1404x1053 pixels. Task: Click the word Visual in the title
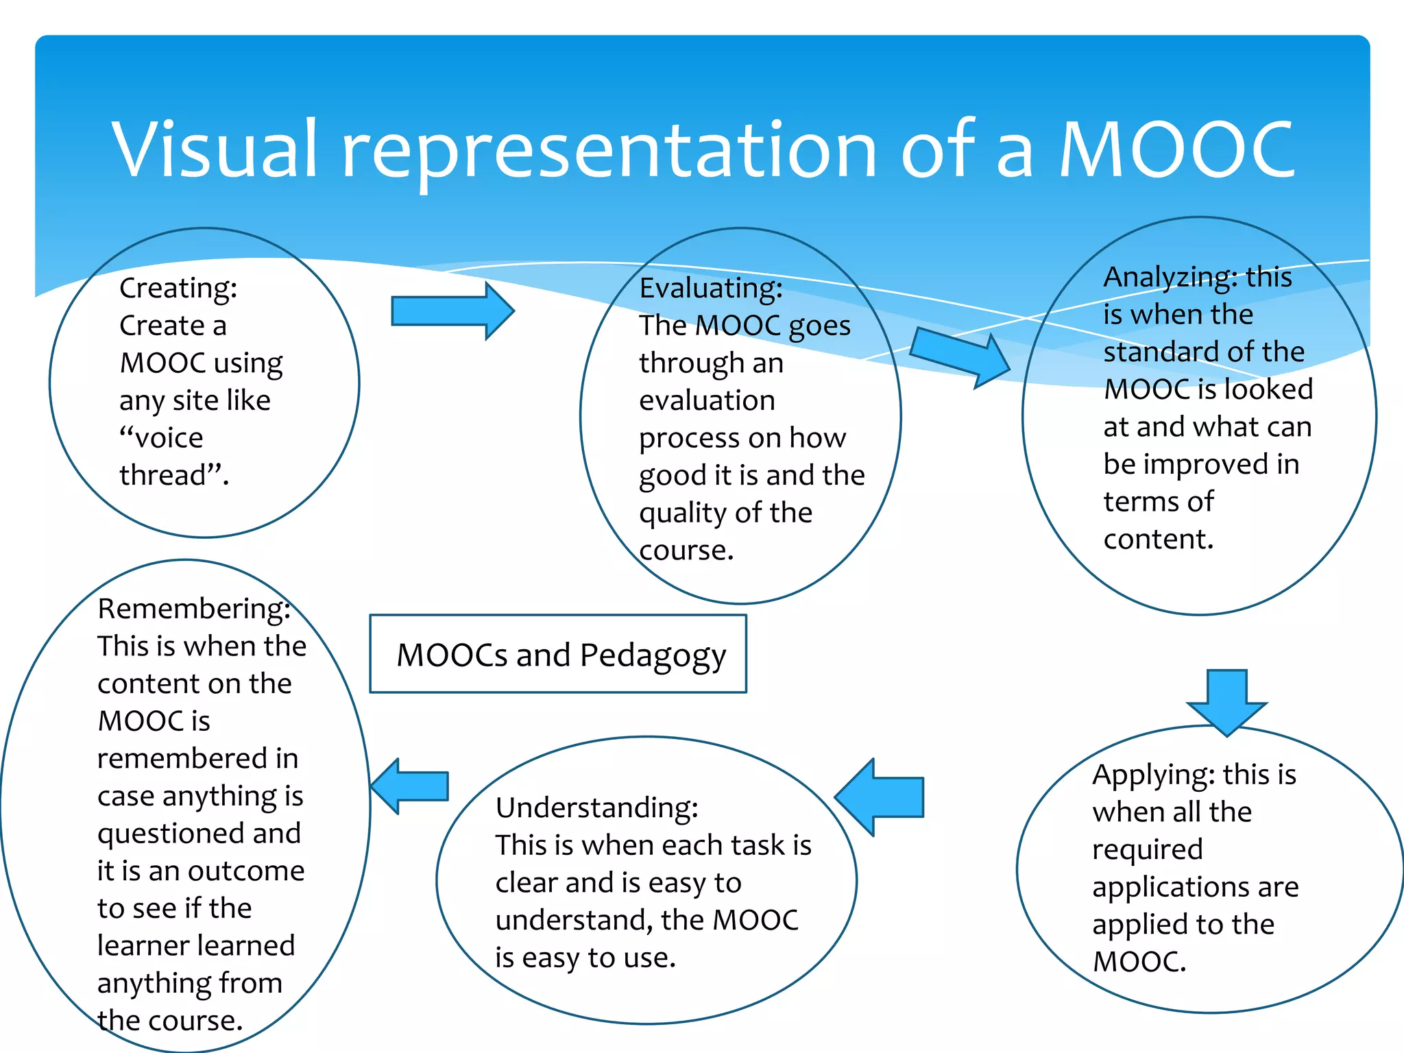pyautogui.click(x=215, y=149)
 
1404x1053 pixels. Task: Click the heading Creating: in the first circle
pyautogui.click(x=178, y=289)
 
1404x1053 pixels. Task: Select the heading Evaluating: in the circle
pyautogui.click(x=711, y=289)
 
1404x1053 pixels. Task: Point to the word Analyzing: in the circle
pyautogui.click(x=1170, y=278)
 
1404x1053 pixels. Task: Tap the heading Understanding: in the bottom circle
pyautogui.click(x=597, y=808)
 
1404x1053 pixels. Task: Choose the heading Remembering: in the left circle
pyautogui.click(x=194, y=609)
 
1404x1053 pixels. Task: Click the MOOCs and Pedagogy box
pyautogui.click(x=558, y=655)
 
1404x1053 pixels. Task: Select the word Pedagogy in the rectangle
pyautogui.click(x=653, y=656)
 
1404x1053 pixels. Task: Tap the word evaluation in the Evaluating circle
pyautogui.click(x=707, y=400)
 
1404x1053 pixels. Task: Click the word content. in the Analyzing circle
pyautogui.click(x=1158, y=540)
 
